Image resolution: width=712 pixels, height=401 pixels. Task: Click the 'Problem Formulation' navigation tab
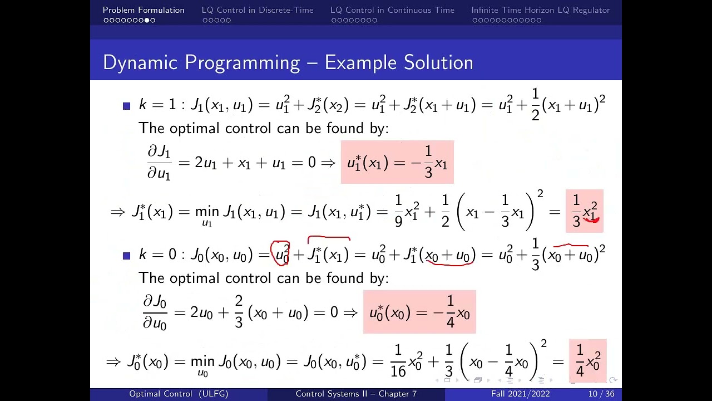(x=144, y=10)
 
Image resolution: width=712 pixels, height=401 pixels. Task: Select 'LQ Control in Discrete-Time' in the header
(x=258, y=10)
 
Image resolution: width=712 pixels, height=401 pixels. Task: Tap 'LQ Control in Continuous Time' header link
(x=392, y=10)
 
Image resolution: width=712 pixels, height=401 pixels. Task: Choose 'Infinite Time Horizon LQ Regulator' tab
(x=540, y=10)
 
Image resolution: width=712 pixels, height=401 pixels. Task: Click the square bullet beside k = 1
(x=126, y=106)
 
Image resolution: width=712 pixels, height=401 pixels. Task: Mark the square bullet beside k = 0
(x=126, y=256)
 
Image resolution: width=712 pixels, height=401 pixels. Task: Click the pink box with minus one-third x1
(x=397, y=162)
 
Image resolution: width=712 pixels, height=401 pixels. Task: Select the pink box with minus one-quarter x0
(x=419, y=312)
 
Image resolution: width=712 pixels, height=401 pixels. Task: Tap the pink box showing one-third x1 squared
(x=585, y=211)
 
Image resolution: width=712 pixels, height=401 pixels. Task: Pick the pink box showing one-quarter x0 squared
(x=588, y=360)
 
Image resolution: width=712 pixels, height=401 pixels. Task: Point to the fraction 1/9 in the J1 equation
(x=399, y=211)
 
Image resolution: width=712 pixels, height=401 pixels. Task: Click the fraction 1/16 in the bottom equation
(x=398, y=361)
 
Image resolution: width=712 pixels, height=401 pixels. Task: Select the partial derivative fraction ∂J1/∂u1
(x=159, y=163)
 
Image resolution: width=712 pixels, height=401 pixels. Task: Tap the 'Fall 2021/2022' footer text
(x=520, y=394)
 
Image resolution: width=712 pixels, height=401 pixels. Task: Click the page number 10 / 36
(x=601, y=394)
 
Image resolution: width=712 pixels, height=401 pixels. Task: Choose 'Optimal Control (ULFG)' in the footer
(x=179, y=394)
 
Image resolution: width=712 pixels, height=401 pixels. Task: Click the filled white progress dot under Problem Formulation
(x=147, y=21)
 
